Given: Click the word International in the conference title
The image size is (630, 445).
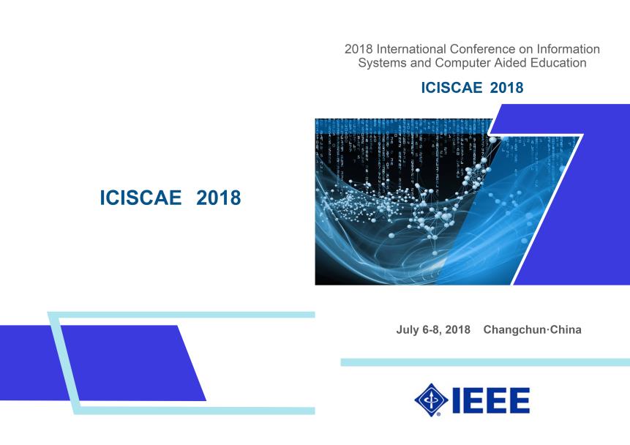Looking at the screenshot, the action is click(x=411, y=49).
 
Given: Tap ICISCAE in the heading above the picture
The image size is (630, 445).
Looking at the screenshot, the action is click(x=451, y=88).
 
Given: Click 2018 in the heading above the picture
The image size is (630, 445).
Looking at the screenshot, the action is click(x=506, y=88).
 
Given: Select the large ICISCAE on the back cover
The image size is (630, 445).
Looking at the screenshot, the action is click(x=140, y=198).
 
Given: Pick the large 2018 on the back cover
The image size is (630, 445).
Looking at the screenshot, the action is click(x=219, y=198).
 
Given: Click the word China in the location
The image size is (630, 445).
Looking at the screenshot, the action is click(x=566, y=329).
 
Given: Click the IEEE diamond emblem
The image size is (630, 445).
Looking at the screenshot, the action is click(x=431, y=400).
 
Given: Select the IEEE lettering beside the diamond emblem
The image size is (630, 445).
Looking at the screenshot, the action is click(x=491, y=400).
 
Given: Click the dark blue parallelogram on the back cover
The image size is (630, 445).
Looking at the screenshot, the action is click(x=103, y=363).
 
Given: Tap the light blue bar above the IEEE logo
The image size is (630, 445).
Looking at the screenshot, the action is click(x=485, y=362).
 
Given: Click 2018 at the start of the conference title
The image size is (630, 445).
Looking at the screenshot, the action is click(x=359, y=49).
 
